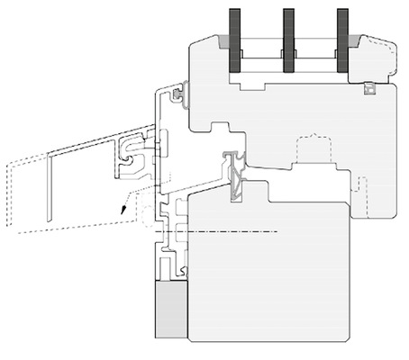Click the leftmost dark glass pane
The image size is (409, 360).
click(x=235, y=40)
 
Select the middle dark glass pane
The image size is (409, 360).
click(x=288, y=40)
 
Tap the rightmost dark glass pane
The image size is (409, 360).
click(x=342, y=40)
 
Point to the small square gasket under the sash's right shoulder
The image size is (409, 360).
click(x=368, y=88)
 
